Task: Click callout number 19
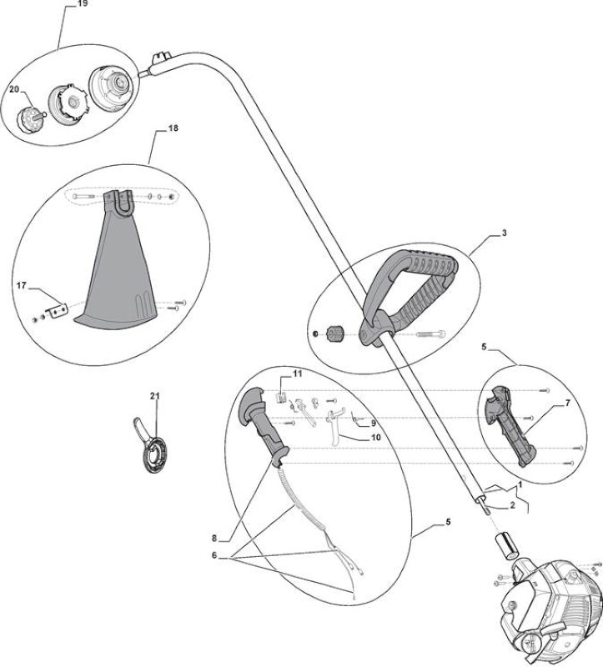(x=83, y=4)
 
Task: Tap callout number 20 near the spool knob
(x=14, y=89)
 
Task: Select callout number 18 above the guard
(x=173, y=128)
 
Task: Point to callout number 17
(x=22, y=285)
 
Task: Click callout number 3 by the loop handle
(x=505, y=233)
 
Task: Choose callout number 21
(x=154, y=396)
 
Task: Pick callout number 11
(x=297, y=374)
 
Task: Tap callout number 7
(x=567, y=404)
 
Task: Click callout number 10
(x=376, y=437)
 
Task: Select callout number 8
(x=214, y=539)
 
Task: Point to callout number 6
(x=214, y=555)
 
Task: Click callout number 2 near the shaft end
(x=512, y=505)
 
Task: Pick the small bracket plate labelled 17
(x=57, y=310)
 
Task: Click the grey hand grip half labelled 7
(x=509, y=425)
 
